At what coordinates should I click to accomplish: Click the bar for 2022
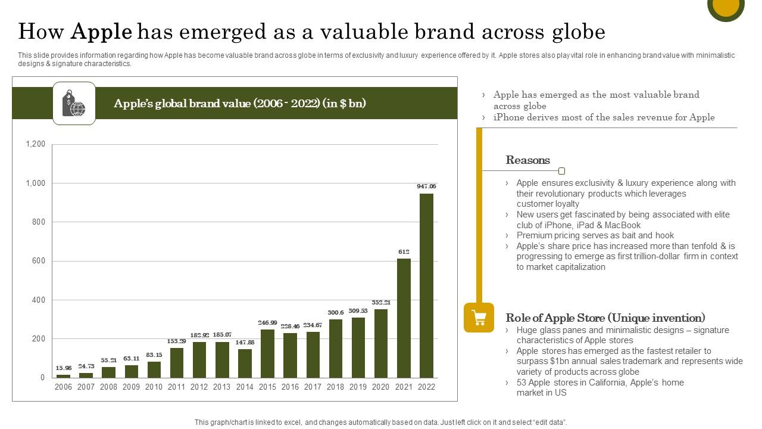(x=426, y=285)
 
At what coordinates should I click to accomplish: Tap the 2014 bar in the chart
(x=245, y=363)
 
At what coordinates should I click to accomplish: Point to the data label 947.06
(x=426, y=186)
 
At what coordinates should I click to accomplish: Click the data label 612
(x=404, y=252)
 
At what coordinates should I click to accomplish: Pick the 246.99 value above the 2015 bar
(x=267, y=323)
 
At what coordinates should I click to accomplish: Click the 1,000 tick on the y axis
(x=36, y=184)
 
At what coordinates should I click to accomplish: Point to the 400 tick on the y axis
(x=38, y=300)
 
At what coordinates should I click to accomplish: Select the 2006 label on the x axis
(x=63, y=387)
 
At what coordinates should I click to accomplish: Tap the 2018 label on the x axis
(x=335, y=387)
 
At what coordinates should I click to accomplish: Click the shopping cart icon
(x=479, y=318)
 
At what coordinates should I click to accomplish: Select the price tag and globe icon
(x=74, y=104)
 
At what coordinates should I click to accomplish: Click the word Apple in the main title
(x=101, y=31)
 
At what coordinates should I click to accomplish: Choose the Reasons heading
(x=527, y=160)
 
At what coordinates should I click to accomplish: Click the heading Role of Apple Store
(x=605, y=318)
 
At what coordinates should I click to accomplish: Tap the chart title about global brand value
(x=240, y=104)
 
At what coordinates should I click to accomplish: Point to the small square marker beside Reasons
(x=561, y=171)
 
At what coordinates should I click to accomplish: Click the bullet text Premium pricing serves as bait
(x=595, y=235)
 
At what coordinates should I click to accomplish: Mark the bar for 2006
(x=63, y=376)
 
